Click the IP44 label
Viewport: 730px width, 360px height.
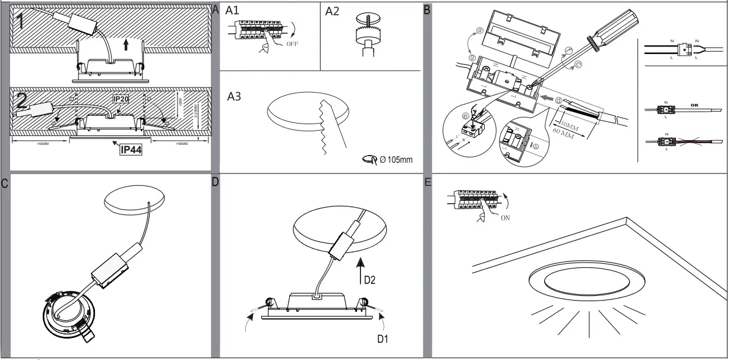pos(129,149)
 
